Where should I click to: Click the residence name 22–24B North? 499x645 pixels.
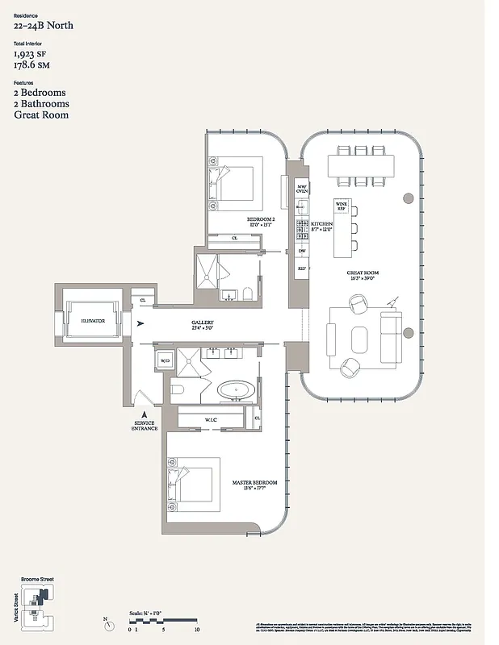pyautogui.click(x=44, y=26)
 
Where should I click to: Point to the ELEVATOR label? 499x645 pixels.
pyautogui.click(x=92, y=321)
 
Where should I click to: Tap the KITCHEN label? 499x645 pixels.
pyautogui.click(x=322, y=226)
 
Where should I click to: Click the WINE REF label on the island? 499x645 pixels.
pyautogui.click(x=341, y=207)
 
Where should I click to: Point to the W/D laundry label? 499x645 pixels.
pyautogui.click(x=165, y=360)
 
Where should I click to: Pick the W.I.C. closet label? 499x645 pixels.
pyautogui.click(x=210, y=419)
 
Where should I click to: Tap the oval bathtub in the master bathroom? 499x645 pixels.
pyautogui.click(x=236, y=391)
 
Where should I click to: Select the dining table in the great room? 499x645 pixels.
pyautogui.click(x=362, y=166)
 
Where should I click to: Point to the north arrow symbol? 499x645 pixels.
pyautogui.click(x=107, y=620)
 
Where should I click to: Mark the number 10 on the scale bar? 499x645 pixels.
pyautogui.click(x=196, y=629)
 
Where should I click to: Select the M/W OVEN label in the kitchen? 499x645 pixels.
pyautogui.click(x=302, y=188)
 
